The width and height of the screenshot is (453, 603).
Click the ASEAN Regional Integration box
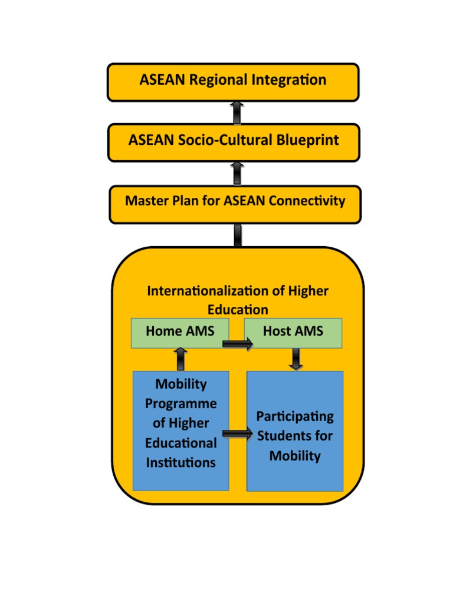click(x=232, y=82)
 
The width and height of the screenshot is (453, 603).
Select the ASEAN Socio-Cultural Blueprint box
click(x=234, y=142)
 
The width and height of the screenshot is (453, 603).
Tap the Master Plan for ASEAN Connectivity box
click(x=235, y=203)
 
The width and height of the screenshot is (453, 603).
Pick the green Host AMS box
click(x=293, y=333)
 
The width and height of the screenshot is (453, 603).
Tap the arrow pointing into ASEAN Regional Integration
click(x=236, y=112)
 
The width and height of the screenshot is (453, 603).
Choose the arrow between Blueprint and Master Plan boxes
click(x=237, y=173)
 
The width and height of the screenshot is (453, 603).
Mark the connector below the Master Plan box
click(x=237, y=235)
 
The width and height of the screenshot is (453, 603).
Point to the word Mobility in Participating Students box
click(x=295, y=456)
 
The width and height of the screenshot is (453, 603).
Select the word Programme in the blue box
click(x=180, y=404)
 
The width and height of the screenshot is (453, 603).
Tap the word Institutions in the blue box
click(x=180, y=462)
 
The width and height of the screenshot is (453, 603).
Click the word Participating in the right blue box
click(x=295, y=417)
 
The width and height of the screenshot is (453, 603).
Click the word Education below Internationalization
click(x=238, y=310)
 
